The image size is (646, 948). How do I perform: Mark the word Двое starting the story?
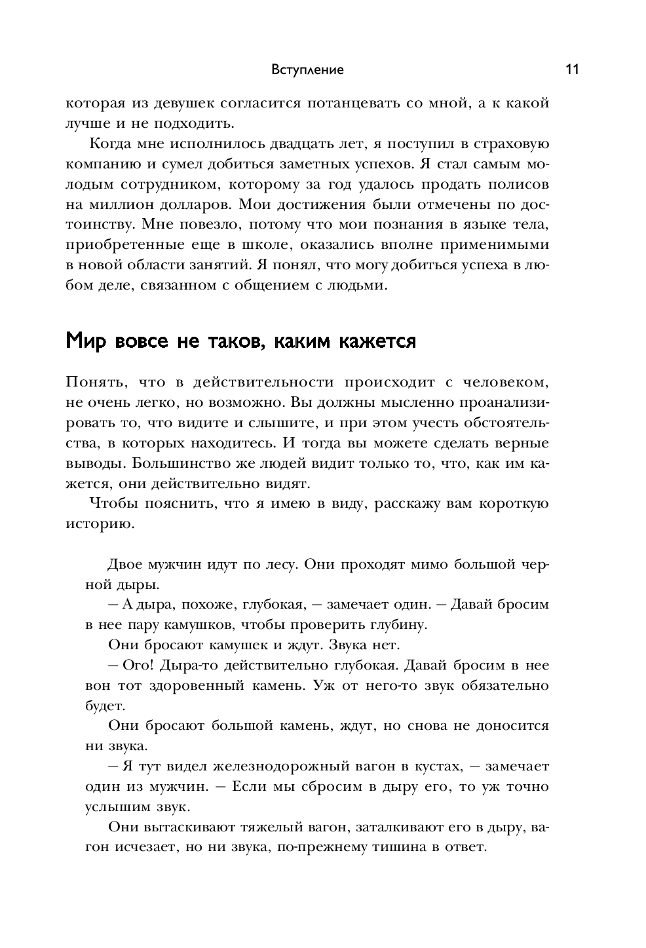125,564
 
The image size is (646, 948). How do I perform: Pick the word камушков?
193,624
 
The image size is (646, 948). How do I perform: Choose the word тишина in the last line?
400,846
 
